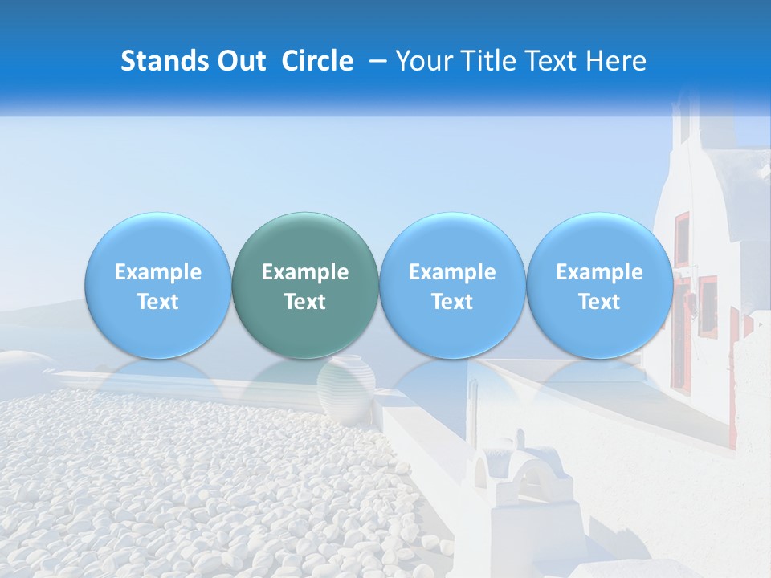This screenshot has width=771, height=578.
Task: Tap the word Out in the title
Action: (241, 61)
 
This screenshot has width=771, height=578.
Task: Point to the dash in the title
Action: (374, 62)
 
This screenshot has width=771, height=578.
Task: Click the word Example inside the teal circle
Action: (305, 272)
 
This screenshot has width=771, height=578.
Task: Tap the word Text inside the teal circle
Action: (305, 302)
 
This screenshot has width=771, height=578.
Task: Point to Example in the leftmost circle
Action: (158, 272)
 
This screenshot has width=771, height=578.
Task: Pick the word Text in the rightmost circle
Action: (599, 302)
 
